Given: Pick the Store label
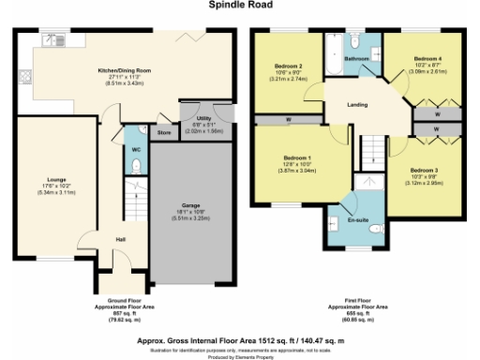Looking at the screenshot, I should coord(164,132).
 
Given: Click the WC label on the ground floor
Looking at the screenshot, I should coord(137,148).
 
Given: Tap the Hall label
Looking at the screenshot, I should coord(120,239).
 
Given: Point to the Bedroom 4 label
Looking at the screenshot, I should coord(427,58).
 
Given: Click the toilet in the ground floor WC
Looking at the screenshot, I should coord(137,166).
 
